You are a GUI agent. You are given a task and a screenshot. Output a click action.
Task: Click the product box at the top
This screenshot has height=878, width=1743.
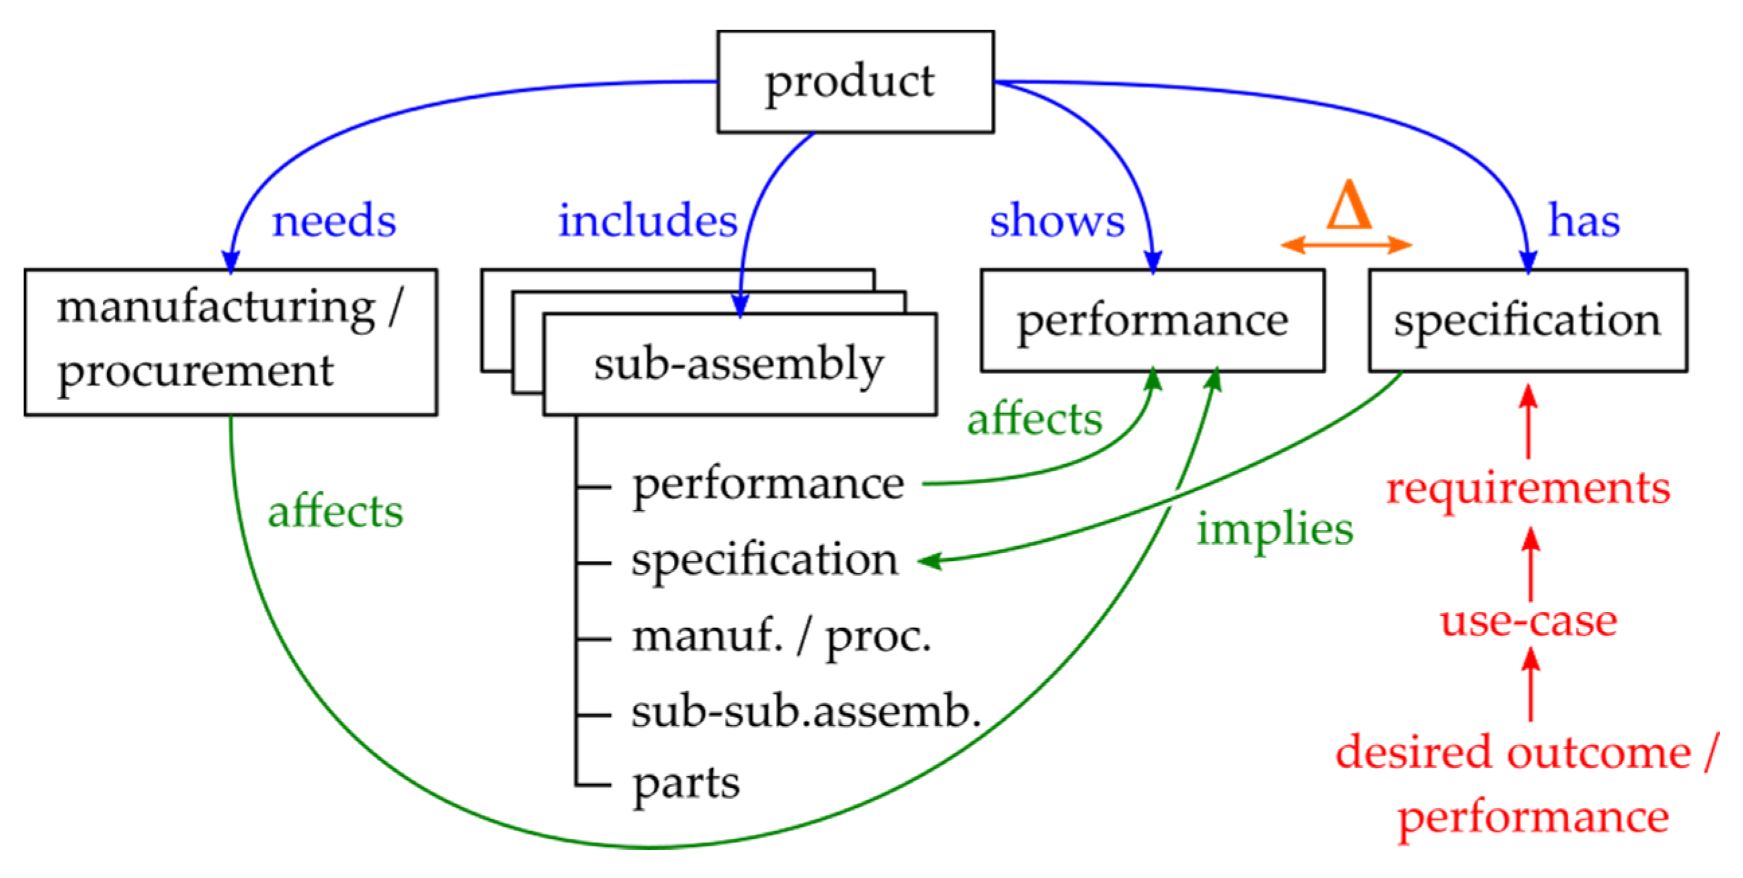click(x=855, y=81)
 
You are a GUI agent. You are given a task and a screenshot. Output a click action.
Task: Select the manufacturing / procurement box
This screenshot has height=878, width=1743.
click(x=230, y=342)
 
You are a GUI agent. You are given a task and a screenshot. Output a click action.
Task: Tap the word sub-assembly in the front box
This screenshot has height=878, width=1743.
click(x=739, y=364)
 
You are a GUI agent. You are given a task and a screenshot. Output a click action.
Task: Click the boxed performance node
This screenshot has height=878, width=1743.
click(x=1152, y=320)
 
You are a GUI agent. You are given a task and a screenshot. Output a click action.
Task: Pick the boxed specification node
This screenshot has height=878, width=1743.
click(x=1527, y=320)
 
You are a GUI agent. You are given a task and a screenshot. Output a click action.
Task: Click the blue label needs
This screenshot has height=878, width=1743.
click(x=333, y=220)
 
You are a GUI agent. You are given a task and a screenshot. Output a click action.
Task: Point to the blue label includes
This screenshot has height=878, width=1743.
click(x=648, y=220)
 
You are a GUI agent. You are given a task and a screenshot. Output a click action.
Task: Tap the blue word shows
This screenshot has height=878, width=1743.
click(x=1057, y=220)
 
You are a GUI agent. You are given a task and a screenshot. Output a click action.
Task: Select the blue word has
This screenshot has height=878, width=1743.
click(x=1584, y=220)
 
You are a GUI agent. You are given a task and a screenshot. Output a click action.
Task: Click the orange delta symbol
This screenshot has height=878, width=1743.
click(x=1349, y=206)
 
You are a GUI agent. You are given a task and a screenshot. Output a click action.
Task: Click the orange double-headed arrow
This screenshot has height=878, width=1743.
click(x=1347, y=245)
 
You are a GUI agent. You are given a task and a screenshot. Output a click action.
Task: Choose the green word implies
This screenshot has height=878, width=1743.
click(x=1275, y=528)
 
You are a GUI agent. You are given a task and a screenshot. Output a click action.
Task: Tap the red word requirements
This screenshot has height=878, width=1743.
click(x=1528, y=488)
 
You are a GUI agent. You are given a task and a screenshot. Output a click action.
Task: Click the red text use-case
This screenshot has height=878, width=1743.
click(x=1528, y=621)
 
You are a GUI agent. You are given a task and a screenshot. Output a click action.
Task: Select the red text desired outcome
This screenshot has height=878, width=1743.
click(x=1513, y=752)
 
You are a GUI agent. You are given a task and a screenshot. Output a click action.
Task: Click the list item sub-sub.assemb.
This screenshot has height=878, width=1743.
click(x=806, y=712)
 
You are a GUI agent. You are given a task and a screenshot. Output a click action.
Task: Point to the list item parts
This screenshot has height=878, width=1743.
click(x=686, y=783)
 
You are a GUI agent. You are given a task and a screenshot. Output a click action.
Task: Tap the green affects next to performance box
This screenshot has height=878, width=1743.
click(x=1035, y=419)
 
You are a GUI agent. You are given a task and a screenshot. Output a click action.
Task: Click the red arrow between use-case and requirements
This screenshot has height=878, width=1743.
click(x=1531, y=566)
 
